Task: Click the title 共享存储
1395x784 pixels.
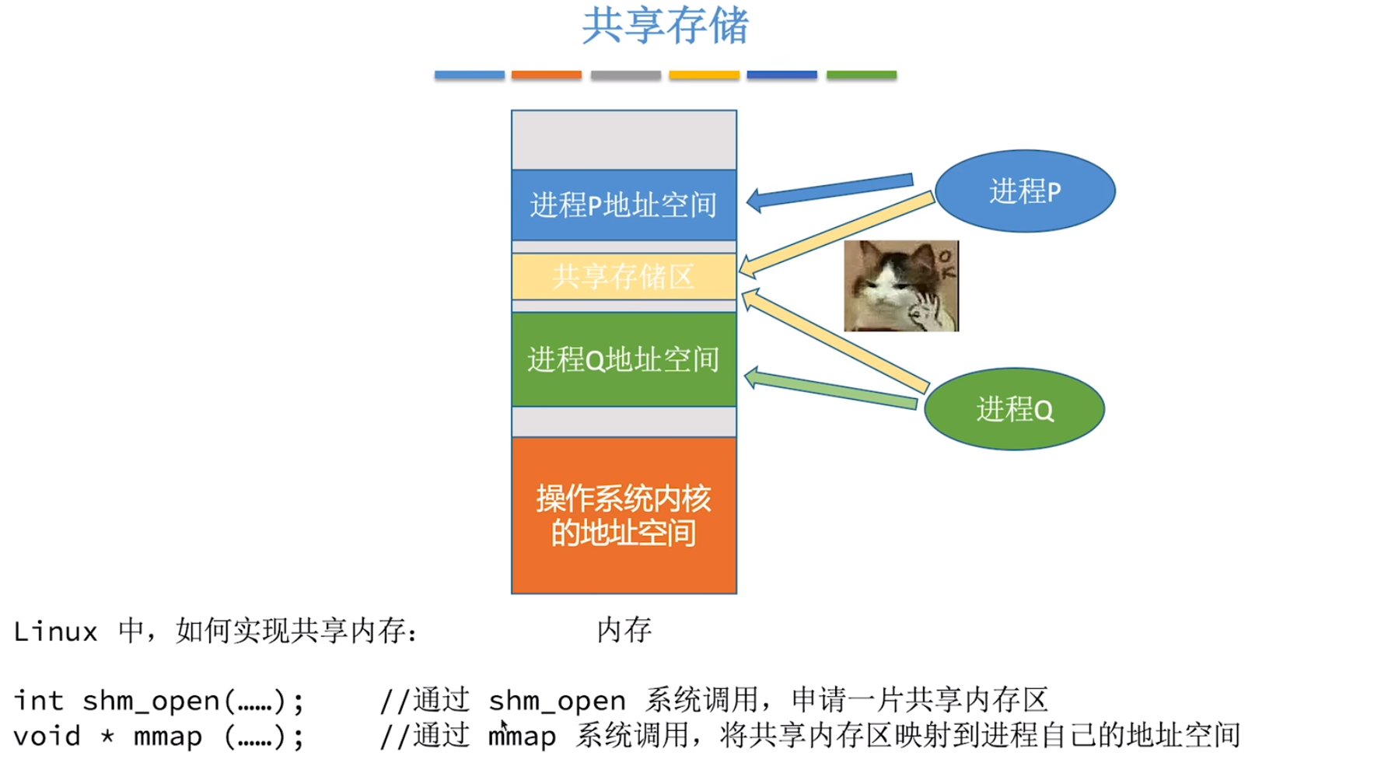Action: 665,26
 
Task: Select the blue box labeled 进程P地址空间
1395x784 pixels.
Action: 624,205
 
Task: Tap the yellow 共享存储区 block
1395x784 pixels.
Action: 624,277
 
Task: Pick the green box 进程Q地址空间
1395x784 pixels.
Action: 624,359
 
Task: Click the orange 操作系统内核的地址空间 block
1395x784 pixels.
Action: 624,516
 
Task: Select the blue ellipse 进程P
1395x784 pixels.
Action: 1025,191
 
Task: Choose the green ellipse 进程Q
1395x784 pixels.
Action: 1014,409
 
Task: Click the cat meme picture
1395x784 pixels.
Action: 901,286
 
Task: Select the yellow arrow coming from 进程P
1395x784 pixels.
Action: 836,233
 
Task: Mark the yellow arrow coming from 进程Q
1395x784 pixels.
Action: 836,340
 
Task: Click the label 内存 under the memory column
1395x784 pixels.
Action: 624,630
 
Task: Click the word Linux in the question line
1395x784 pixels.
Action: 55,632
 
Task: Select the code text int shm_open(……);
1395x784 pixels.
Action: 159,702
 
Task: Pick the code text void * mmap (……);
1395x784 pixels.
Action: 159,737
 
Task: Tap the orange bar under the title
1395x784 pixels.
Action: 547,75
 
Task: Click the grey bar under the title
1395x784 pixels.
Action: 625,75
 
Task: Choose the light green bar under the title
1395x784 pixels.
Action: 861,75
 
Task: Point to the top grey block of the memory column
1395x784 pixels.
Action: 624,140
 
